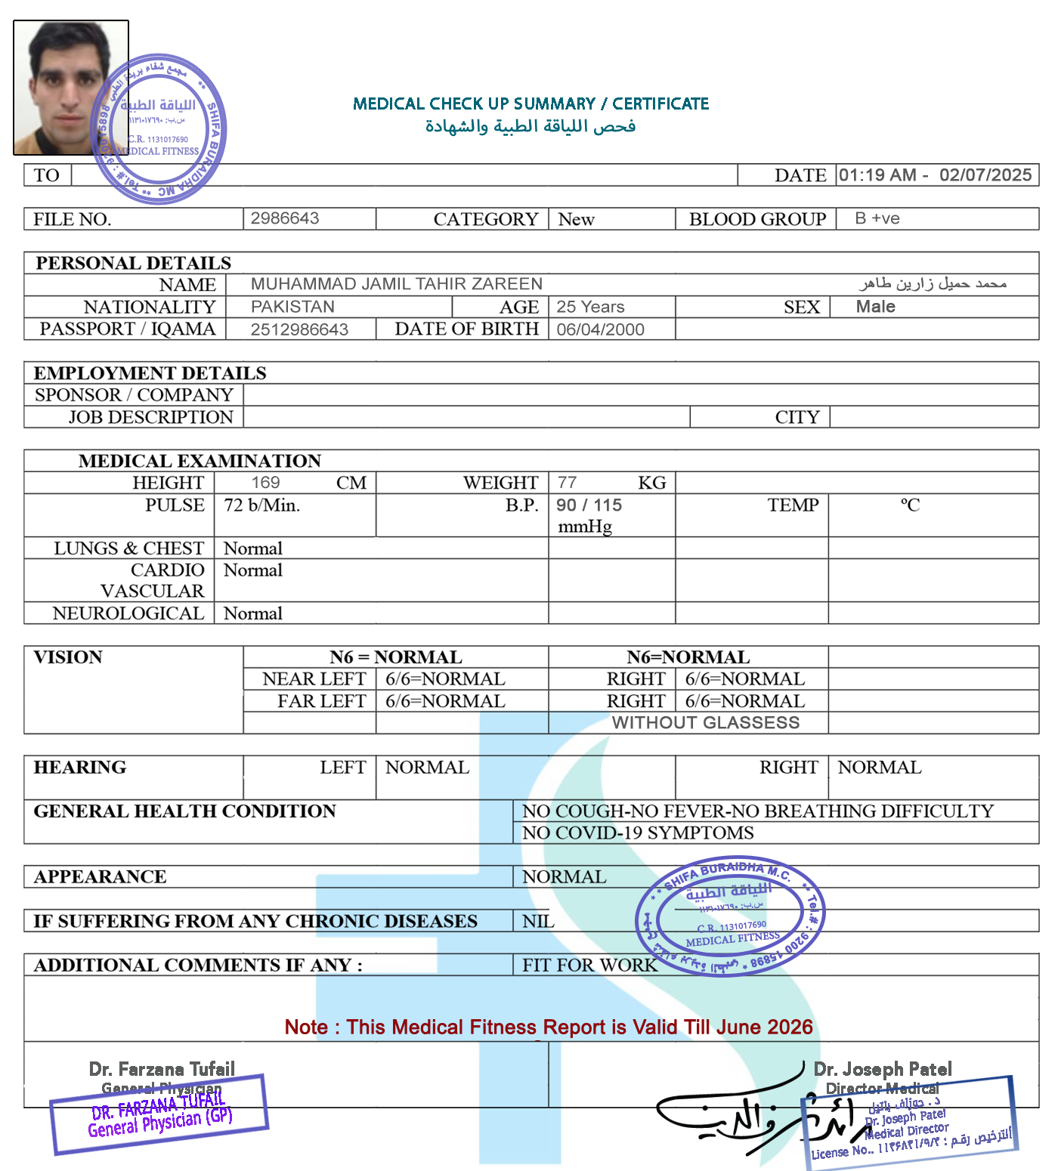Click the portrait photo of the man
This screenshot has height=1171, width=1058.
(x=70, y=88)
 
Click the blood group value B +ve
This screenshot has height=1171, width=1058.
(x=877, y=218)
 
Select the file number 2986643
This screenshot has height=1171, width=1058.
(x=285, y=218)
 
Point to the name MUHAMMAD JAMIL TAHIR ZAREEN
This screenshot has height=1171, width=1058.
(x=396, y=284)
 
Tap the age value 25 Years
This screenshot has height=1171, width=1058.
(x=590, y=307)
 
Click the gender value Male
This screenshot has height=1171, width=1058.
(x=875, y=307)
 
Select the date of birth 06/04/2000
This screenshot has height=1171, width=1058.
(x=600, y=329)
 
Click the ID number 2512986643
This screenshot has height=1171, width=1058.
(x=299, y=329)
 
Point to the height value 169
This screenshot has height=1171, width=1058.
(x=265, y=483)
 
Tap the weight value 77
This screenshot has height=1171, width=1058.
(x=567, y=482)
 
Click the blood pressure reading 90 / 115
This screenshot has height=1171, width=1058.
(x=589, y=505)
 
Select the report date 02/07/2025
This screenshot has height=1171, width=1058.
(x=985, y=175)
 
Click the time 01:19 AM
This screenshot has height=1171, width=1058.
(x=877, y=175)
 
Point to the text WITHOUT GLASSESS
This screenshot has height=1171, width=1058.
(x=705, y=723)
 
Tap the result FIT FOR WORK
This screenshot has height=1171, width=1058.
(x=589, y=965)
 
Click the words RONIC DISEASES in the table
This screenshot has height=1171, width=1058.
(x=396, y=921)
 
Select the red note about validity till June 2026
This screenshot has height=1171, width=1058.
(x=548, y=1027)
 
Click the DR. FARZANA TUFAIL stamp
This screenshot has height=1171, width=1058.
(x=159, y=1114)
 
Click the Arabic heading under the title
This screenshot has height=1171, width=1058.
(x=531, y=126)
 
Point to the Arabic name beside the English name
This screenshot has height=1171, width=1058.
(x=932, y=284)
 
